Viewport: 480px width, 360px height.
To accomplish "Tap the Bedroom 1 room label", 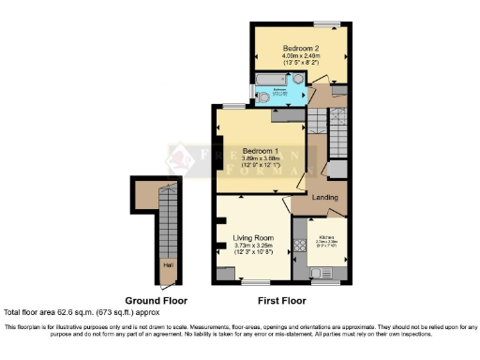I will click(260, 151).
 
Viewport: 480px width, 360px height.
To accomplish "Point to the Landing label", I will click(324, 198).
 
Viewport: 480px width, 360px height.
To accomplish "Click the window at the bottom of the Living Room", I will click(253, 282).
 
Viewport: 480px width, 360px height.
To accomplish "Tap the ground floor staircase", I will click(168, 225).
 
